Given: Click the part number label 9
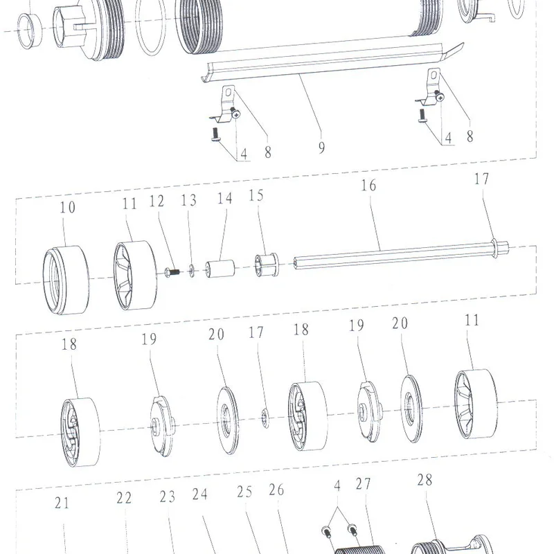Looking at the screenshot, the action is (321, 148).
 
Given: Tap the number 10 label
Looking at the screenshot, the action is (67, 207).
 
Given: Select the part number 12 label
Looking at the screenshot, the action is (157, 202).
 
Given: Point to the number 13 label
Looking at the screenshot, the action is (188, 200).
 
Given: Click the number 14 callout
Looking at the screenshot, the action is (224, 199).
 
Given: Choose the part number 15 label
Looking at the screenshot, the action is (256, 196).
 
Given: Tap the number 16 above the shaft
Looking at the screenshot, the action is (368, 186).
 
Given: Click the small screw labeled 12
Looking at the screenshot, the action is (172, 272).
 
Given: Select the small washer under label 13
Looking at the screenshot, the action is (192, 271).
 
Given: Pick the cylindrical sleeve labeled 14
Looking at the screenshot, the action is (220, 269).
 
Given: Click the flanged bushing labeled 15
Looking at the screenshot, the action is (267, 265).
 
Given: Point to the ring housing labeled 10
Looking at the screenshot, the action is (66, 280).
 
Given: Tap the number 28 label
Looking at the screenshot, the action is (425, 480).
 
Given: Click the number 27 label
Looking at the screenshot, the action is (363, 484).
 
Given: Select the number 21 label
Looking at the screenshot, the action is (62, 503).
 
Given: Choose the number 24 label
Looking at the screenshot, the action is (199, 494).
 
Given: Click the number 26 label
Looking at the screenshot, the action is (276, 490).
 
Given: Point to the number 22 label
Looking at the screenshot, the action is (124, 498).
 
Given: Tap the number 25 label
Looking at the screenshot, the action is (244, 492).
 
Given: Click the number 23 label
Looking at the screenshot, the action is (167, 497).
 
